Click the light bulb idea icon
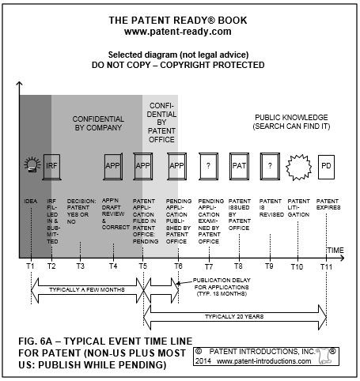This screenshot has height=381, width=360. (32, 165)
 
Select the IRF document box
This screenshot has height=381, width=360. (51, 167)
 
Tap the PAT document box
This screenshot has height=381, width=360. (239, 166)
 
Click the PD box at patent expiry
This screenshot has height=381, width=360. (326, 167)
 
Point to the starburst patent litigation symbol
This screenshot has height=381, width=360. (298, 168)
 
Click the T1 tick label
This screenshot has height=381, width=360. (31, 266)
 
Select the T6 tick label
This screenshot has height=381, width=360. (178, 266)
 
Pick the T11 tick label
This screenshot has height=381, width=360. (326, 267)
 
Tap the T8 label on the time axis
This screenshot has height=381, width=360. (238, 266)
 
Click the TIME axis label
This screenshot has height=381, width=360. (335, 250)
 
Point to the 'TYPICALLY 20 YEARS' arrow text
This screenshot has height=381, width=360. (234, 316)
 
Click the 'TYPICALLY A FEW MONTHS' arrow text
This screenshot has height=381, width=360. (87, 290)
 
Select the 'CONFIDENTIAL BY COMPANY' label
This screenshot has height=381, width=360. (98, 123)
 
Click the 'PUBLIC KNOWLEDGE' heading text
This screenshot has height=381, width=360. (291, 117)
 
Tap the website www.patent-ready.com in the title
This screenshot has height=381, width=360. (178, 32)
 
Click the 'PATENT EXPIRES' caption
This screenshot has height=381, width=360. (328, 204)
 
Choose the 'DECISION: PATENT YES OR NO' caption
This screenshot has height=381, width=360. (81, 211)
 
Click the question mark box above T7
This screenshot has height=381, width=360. (208, 166)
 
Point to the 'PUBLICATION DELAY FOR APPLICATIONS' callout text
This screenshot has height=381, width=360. (222, 284)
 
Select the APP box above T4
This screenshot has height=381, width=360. (113, 166)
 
